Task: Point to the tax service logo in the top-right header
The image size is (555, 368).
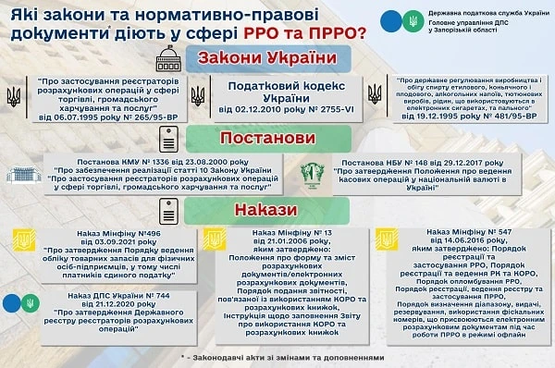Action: pyautogui.click(x=389, y=19)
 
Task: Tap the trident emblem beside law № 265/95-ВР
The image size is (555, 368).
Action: pyautogui.click(x=14, y=96)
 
